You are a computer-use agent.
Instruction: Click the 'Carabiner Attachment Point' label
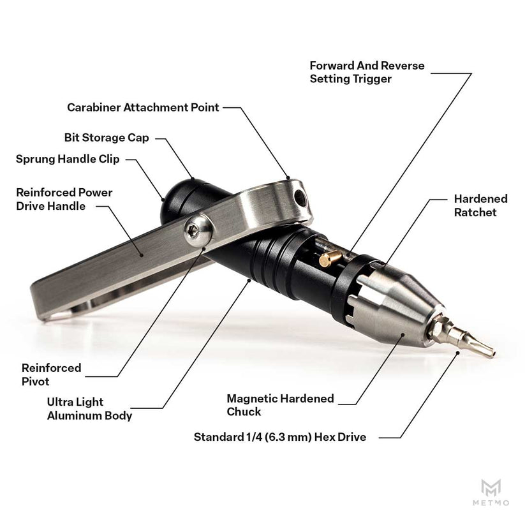[143, 107]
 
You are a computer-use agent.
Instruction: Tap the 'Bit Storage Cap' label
[107, 138]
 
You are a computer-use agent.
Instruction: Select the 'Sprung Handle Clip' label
[68, 159]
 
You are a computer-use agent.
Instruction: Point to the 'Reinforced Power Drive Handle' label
[64, 199]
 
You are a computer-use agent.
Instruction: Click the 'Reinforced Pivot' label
[51, 374]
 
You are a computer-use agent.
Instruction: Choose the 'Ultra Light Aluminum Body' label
[89, 409]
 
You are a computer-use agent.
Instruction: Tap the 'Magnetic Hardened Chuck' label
[280, 405]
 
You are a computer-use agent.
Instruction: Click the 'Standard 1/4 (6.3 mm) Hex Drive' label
[280, 437]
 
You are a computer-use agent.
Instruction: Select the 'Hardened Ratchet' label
[481, 205]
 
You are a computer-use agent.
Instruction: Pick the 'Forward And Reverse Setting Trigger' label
[367, 72]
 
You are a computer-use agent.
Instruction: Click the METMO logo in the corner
[491, 492]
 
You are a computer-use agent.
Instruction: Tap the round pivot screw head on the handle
[198, 231]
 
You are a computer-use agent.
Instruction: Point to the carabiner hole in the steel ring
[301, 198]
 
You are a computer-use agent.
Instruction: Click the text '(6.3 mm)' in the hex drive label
[288, 437]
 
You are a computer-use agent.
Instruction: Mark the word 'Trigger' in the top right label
[371, 79]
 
